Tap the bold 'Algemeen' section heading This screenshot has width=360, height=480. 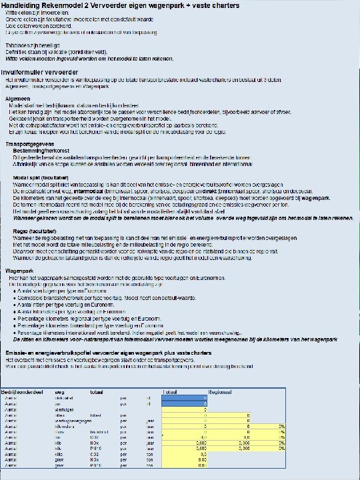[19, 98]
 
